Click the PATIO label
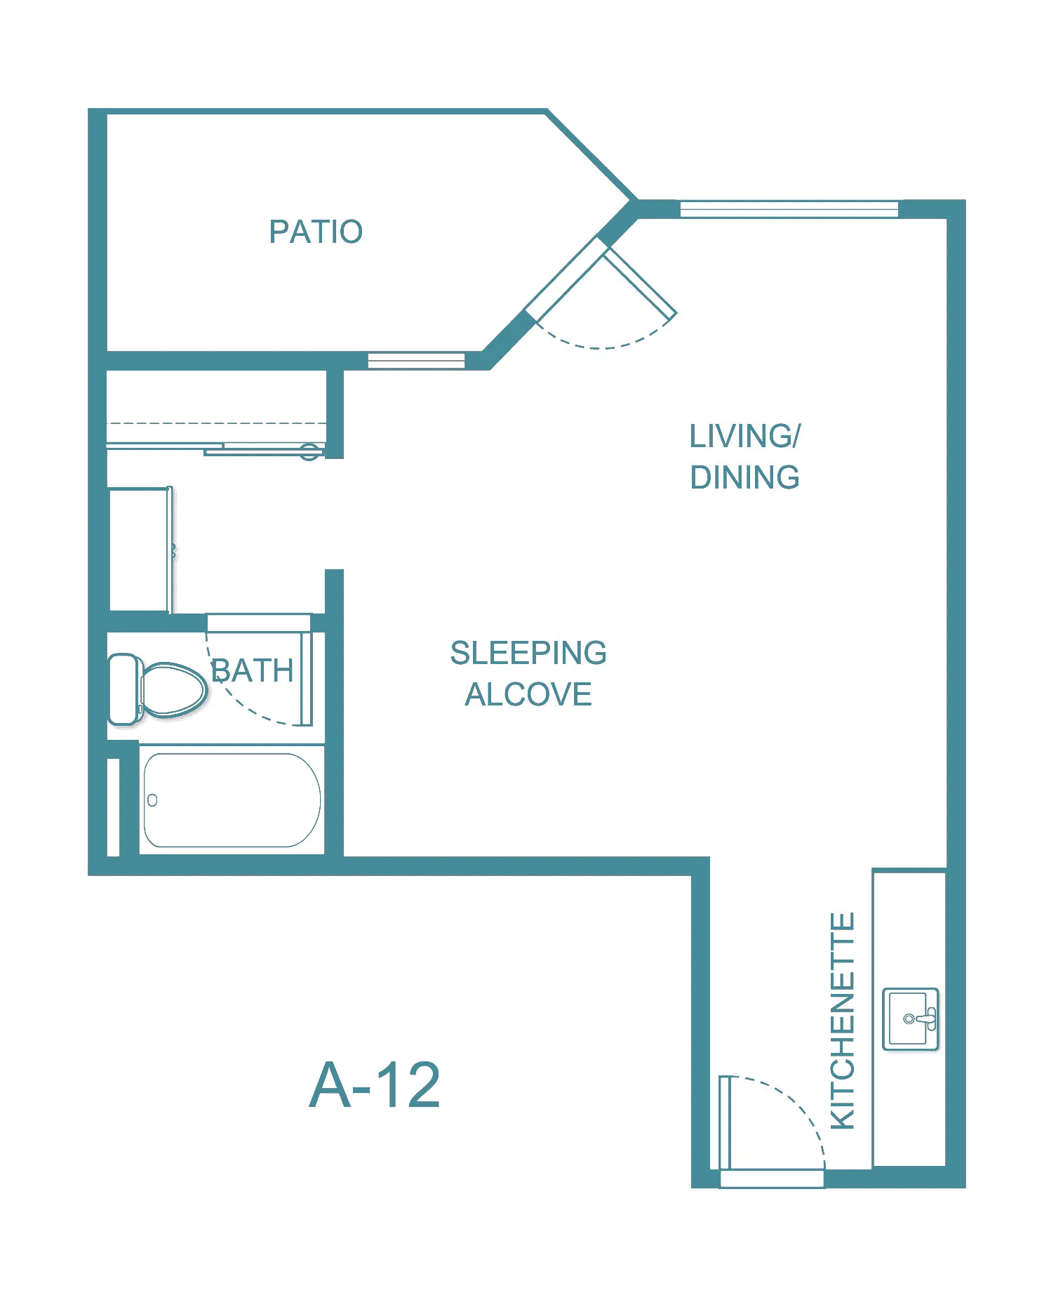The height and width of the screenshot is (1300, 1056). click(x=316, y=232)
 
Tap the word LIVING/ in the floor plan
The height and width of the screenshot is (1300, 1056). click(x=744, y=436)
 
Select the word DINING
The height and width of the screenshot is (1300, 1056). click(x=744, y=477)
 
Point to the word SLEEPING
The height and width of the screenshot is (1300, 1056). click(x=528, y=653)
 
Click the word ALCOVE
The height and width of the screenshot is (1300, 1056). click(x=528, y=694)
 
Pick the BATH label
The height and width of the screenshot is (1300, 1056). click(x=253, y=670)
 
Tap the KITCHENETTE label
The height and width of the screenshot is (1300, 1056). click(x=843, y=1021)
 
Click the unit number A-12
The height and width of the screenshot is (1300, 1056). click(x=375, y=1085)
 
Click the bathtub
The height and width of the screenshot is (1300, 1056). click(x=232, y=800)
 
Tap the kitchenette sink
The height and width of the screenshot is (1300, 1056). click(x=911, y=1019)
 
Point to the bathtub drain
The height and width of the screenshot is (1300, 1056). click(x=152, y=800)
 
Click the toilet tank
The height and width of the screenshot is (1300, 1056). click(x=124, y=689)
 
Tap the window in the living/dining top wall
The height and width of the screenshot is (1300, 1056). click(x=789, y=209)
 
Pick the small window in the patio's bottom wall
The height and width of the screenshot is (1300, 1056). click(x=416, y=361)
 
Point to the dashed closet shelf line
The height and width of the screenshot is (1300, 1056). click(x=216, y=423)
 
